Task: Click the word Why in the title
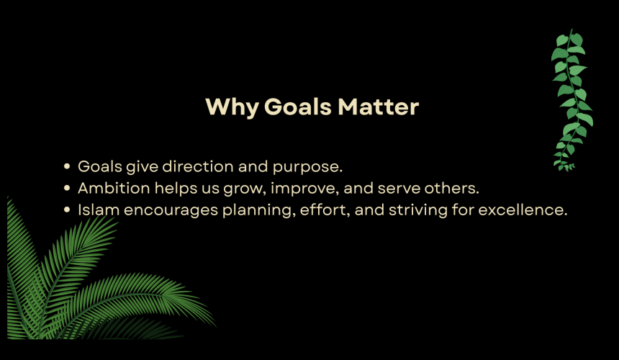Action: coord(232,107)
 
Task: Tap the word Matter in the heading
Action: coord(378,107)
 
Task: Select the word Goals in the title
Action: coord(298,107)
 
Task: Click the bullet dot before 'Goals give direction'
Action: coord(67,166)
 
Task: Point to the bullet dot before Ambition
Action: coord(67,189)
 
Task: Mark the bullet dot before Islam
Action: coord(67,210)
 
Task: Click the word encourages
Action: coord(171,211)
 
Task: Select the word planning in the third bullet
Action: coord(257,211)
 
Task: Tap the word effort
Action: coord(323,210)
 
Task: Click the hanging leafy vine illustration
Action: coord(572,100)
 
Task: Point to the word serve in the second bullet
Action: coord(399,189)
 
